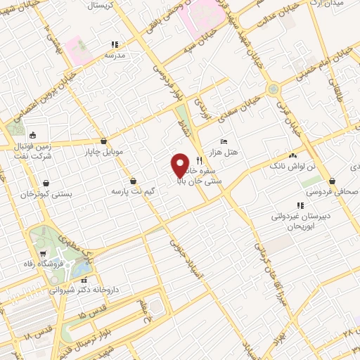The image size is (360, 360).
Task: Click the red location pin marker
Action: tap(180, 165)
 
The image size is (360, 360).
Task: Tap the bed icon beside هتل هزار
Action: tap(224, 142)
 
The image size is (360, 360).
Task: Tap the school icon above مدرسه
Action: tap(113, 44)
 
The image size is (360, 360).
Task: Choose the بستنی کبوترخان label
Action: tap(27, 193)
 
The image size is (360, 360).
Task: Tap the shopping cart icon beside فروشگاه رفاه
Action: tap(44, 255)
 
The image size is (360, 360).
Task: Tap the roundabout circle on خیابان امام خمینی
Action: tap(272, 90)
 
